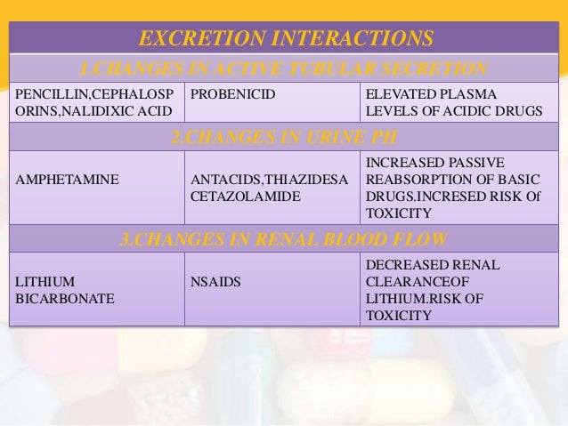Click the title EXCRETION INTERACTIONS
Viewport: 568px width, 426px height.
click(x=284, y=38)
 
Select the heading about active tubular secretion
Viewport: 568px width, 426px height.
click(x=284, y=68)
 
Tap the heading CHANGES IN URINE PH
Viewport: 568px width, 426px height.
click(x=284, y=136)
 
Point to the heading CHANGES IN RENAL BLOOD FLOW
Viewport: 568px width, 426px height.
click(x=284, y=238)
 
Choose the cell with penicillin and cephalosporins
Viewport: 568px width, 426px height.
click(x=94, y=102)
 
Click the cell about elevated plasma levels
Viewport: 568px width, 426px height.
click(x=457, y=102)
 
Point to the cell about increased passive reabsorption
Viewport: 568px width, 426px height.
click(x=457, y=188)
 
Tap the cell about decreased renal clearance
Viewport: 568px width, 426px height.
click(x=457, y=291)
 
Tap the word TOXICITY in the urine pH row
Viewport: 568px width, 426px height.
click(x=399, y=214)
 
